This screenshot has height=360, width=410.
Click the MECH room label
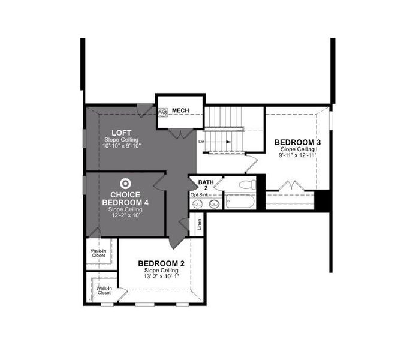180,111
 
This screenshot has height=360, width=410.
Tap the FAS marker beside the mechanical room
162,112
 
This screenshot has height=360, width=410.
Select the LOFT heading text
122,133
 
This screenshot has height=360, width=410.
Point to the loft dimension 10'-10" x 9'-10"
122,146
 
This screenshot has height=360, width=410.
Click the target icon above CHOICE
125,184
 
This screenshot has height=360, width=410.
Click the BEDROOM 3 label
298,142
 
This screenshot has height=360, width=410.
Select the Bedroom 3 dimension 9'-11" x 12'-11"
298,155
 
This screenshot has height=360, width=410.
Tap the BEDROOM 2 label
161,263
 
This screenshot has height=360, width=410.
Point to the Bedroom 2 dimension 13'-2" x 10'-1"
161,277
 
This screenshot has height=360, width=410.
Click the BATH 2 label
206,185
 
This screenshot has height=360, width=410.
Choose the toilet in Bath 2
246,185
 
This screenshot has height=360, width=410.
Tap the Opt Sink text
200,195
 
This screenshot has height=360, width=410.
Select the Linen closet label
200,224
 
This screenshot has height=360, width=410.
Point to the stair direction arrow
219,142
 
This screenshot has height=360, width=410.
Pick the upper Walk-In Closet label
98,253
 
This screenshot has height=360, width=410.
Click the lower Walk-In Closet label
104,291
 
